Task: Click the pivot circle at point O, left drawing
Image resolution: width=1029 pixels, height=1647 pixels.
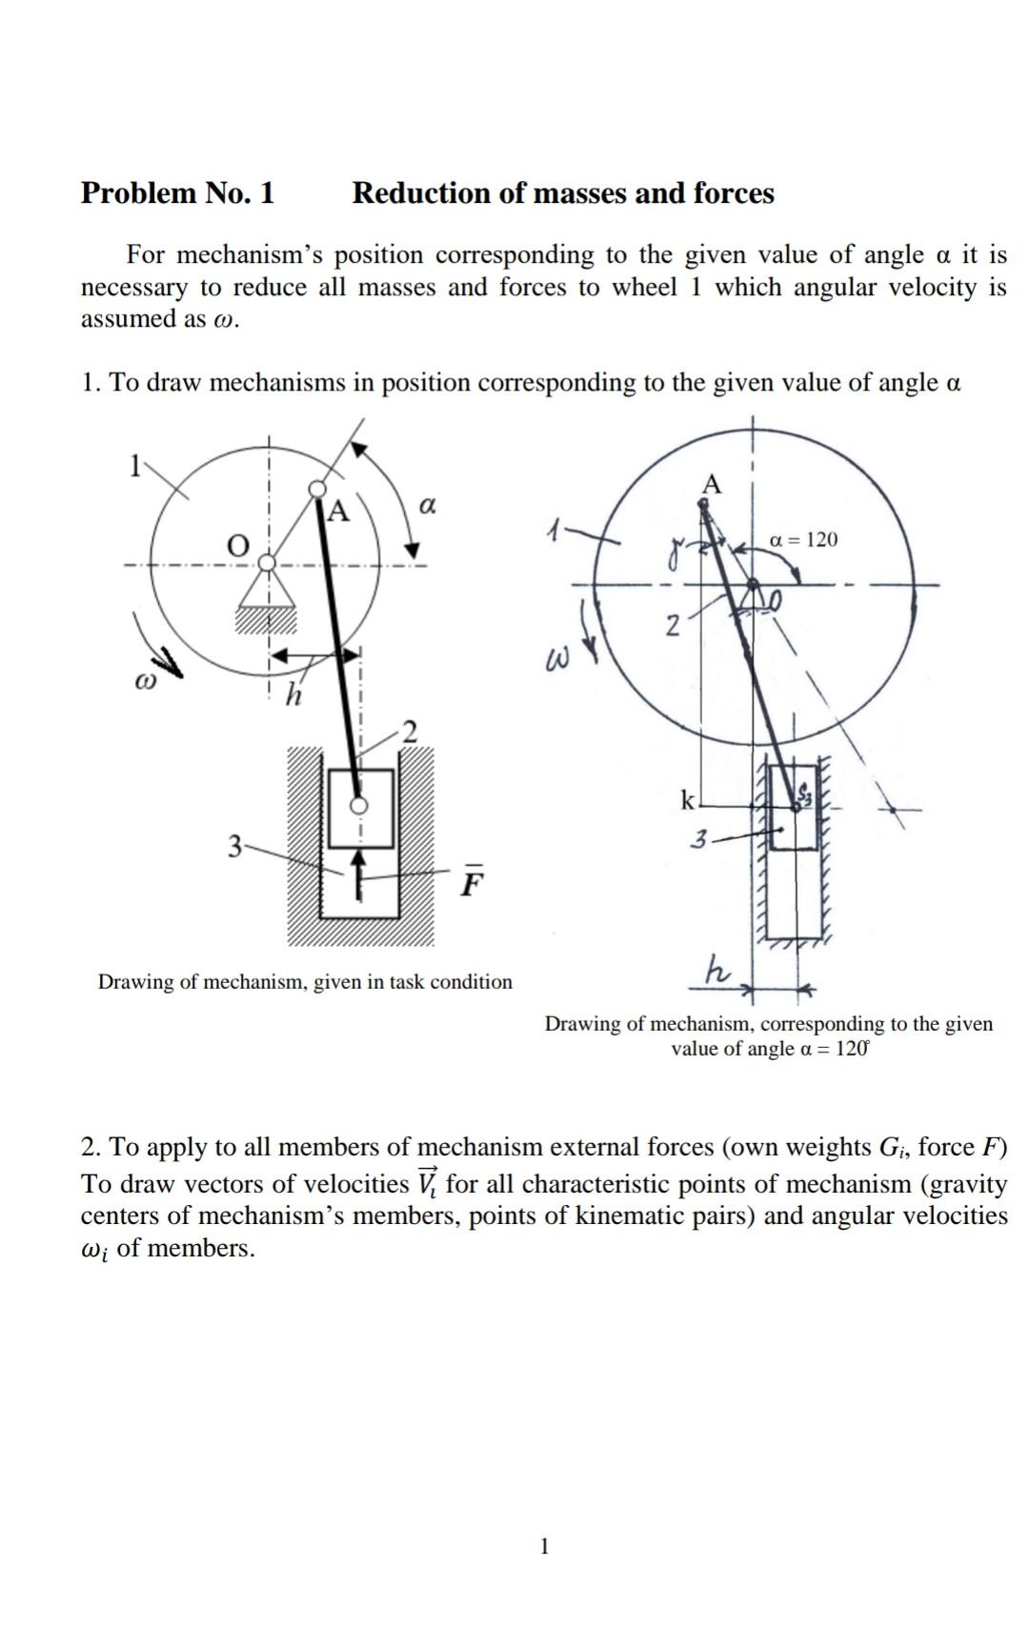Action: (x=269, y=562)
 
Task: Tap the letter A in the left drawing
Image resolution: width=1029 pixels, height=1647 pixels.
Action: (x=338, y=512)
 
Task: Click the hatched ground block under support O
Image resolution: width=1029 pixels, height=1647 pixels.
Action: (x=267, y=620)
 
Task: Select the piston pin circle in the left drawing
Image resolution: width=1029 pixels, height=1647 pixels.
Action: (x=359, y=805)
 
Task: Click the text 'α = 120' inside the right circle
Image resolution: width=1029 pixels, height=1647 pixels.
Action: (x=803, y=540)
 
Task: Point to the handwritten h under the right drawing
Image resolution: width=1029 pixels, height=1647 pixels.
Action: (x=716, y=971)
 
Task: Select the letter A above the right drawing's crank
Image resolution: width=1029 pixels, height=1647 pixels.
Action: (x=711, y=485)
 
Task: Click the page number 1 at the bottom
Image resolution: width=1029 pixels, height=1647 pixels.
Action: (x=544, y=1545)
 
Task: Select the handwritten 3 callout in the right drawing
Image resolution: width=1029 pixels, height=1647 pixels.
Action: (x=700, y=840)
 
